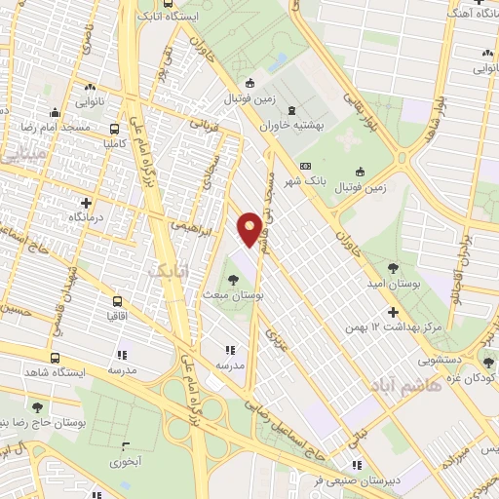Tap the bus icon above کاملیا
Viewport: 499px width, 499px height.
(116, 128)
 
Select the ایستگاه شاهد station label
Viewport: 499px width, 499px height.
(84, 372)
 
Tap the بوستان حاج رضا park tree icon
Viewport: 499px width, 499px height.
(37, 408)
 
